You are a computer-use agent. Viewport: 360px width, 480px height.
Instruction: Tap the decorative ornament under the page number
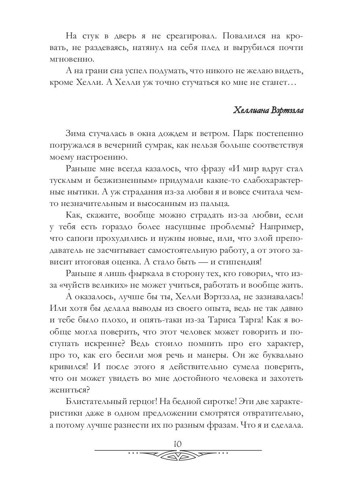point(178,455)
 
